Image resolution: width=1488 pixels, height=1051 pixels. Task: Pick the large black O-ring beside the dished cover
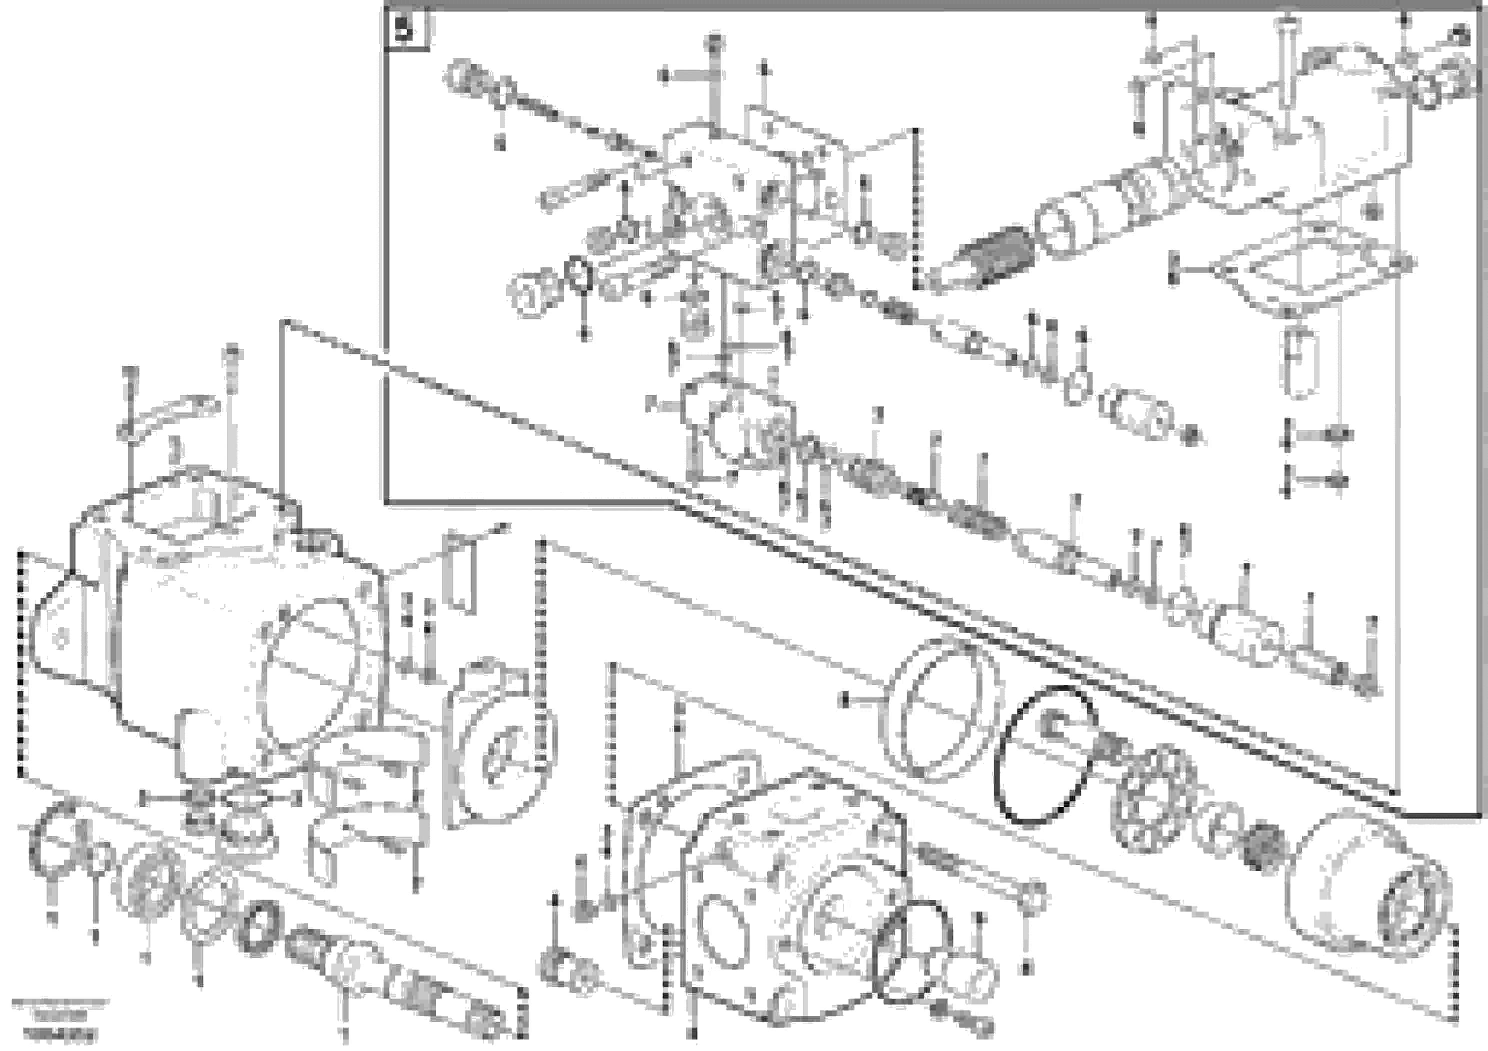1045,756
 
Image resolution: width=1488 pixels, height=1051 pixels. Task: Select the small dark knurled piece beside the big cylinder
1261,847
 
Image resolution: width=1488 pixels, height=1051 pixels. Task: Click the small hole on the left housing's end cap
61,638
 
